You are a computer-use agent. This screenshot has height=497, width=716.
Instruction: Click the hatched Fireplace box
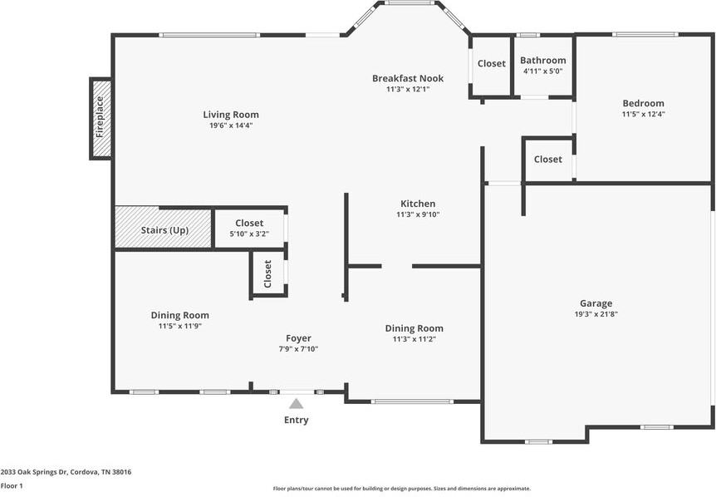[x=101, y=118]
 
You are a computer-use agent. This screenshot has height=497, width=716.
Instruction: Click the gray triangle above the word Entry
[x=296, y=404]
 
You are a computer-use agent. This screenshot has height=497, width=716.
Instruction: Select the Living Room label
[x=231, y=115]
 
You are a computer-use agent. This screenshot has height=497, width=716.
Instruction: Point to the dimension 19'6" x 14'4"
[x=231, y=125]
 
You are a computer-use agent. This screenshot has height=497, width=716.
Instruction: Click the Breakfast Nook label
[x=407, y=78]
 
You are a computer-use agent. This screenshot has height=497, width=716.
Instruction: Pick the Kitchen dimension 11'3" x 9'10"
[x=418, y=214]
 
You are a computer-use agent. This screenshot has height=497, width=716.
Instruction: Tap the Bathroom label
[x=543, y=60]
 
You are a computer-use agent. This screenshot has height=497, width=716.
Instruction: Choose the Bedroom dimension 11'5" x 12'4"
[x=643, y=114]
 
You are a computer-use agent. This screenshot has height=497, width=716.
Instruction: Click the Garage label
[x=596, y=303]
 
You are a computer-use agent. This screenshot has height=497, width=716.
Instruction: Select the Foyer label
[x=298, y=338]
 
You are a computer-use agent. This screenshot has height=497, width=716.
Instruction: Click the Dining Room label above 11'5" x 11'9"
[x=179, y=315]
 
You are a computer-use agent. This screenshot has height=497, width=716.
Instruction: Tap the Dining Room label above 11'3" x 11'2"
[x=414, y=328]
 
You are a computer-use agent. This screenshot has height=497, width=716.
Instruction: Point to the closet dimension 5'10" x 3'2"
[x=249, y=234]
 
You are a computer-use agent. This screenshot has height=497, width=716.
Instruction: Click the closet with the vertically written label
[x=267, y=273]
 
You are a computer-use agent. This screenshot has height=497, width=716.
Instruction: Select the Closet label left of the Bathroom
[x=491, y=64]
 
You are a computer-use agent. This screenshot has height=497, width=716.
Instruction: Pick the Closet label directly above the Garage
[x=547, y=159]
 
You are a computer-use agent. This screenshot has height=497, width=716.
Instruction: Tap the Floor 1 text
[x=12, y=485]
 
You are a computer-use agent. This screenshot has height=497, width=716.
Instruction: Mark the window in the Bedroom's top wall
[x=645, y=34]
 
